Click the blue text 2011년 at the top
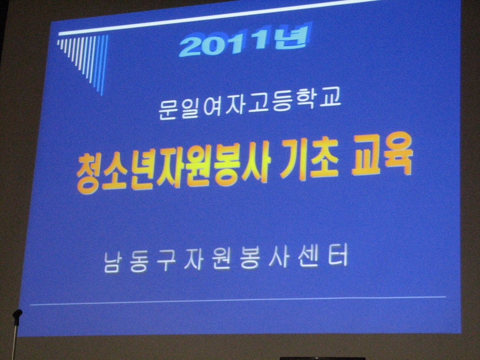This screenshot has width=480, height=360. (245, 40)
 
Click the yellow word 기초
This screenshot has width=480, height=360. (309, 159)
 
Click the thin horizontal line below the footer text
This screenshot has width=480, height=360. (238, 300)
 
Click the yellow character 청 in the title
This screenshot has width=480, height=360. (89, 175)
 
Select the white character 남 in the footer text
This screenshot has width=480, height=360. (112, 263)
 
